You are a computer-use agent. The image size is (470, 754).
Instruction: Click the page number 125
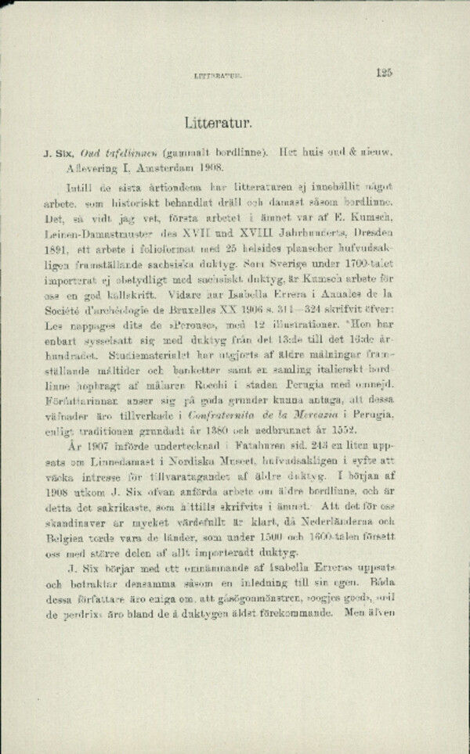383,73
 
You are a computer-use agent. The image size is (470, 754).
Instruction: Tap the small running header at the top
219,77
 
